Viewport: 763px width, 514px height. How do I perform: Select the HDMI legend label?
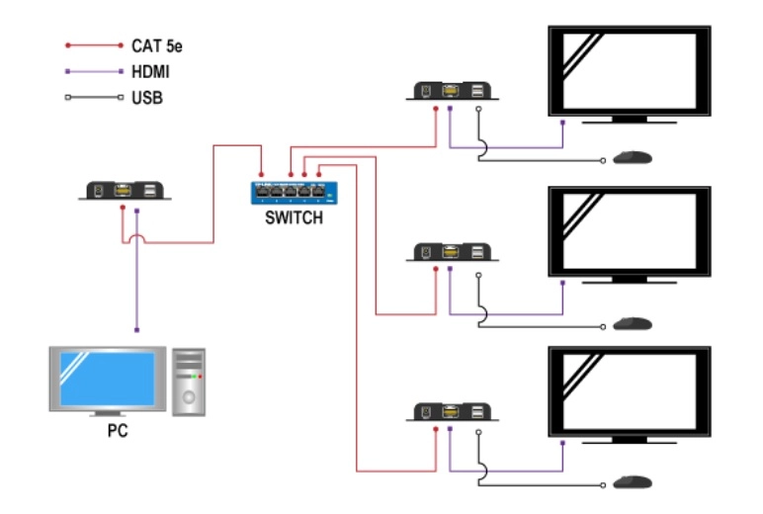[x=149, y=72]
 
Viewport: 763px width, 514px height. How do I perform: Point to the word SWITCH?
[x=294, y=218]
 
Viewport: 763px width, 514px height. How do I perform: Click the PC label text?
[x=117, y=432]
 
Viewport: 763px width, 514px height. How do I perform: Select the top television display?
[x=630, y=71]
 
